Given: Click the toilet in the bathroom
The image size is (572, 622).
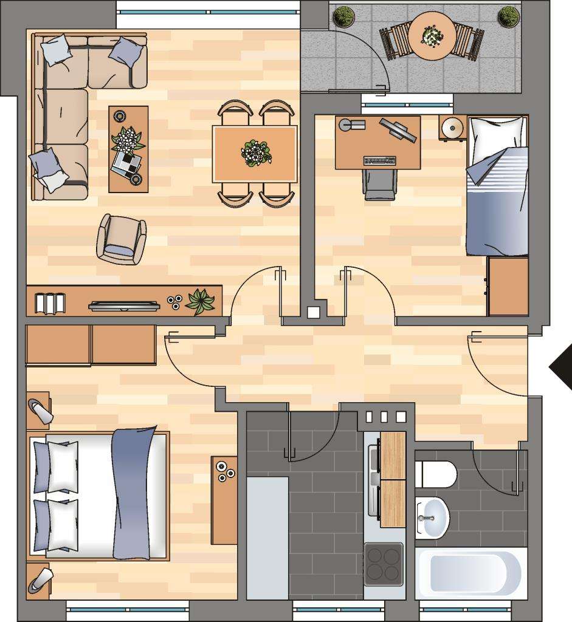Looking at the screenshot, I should tap(437, 474).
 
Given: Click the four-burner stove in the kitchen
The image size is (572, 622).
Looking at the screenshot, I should tap(384, 562).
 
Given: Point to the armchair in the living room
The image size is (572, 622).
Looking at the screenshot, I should tap(122, 240).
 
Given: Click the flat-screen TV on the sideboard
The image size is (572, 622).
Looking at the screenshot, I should tap(125, 306).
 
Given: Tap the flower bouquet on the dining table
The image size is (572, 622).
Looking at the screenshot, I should tap(256, 152).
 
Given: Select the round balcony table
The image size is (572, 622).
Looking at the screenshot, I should tap(432, 36).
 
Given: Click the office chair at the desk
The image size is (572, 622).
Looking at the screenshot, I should tap(380, 184).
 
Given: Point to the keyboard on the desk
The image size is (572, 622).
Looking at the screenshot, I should tap(380, 161).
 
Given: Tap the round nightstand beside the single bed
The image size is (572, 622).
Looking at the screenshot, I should tap(452, 128).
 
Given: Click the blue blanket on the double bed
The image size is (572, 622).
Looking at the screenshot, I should tap(133, 492).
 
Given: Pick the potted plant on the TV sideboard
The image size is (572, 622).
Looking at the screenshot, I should tap(200, 301).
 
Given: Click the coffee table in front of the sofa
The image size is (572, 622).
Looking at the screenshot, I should tap(128, 149).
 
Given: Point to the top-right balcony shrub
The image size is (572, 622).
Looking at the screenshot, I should tap(508, 16).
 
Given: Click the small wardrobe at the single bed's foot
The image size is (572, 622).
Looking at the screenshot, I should tap(508, 286).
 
